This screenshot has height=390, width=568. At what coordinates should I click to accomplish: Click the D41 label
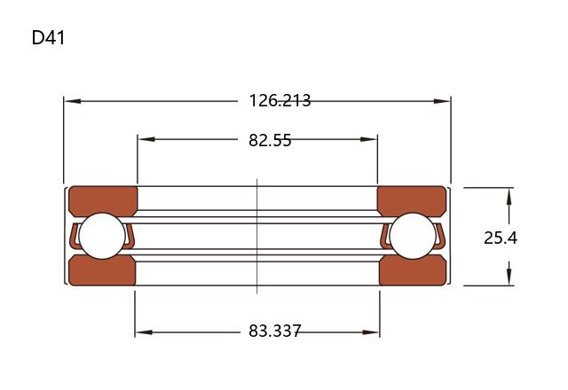coord(48,37)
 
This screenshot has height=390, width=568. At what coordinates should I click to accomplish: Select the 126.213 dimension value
coord(280,100)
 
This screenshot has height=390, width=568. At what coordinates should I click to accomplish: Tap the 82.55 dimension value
coord(270,140)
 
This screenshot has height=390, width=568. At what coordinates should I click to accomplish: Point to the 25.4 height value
coord(501,238)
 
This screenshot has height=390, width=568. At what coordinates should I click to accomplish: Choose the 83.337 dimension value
coord(274,331)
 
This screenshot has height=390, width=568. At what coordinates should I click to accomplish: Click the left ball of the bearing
coord(102,236)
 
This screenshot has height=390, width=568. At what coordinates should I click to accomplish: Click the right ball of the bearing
coord(413,236)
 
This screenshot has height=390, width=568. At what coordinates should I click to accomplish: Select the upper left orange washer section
coord(103,200)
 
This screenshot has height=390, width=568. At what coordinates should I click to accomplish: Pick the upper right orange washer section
coord(412,200)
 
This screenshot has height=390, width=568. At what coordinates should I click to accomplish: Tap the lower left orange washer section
coord(102,270)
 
